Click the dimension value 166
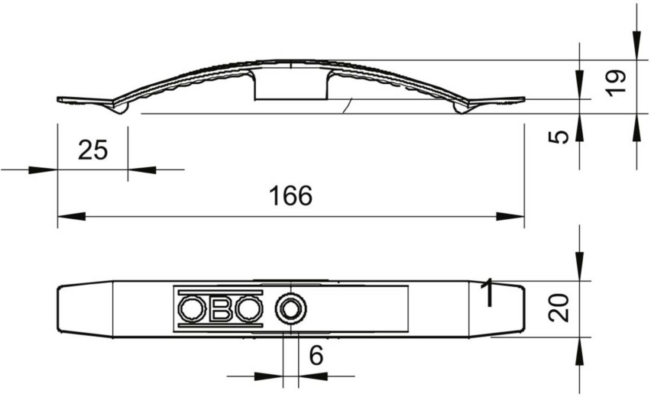coord(291,196)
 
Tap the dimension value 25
coord(93,150)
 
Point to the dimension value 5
coord(558,137)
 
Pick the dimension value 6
coord(316,356)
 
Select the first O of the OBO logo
coord(191,309)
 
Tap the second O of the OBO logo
coord(249,309)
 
